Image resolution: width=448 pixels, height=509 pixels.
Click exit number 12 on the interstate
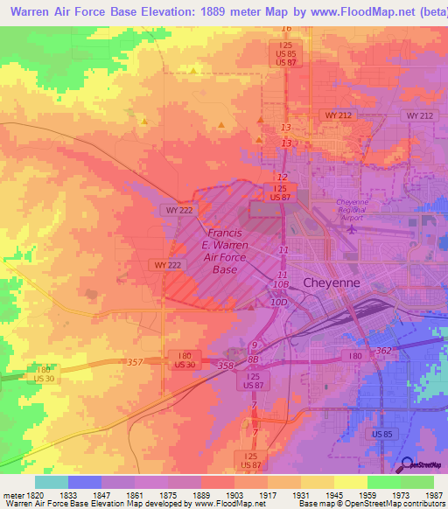[281, 178]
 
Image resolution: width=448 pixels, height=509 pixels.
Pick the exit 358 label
[225, 365]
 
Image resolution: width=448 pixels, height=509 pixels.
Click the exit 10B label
[280, 284]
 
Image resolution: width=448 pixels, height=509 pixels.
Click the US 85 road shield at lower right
[381, 434]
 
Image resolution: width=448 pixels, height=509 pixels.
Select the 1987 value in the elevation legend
[433, 494]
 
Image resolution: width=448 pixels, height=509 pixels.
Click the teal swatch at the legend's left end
[52, 482]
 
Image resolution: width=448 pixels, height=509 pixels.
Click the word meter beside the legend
[12, 494]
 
